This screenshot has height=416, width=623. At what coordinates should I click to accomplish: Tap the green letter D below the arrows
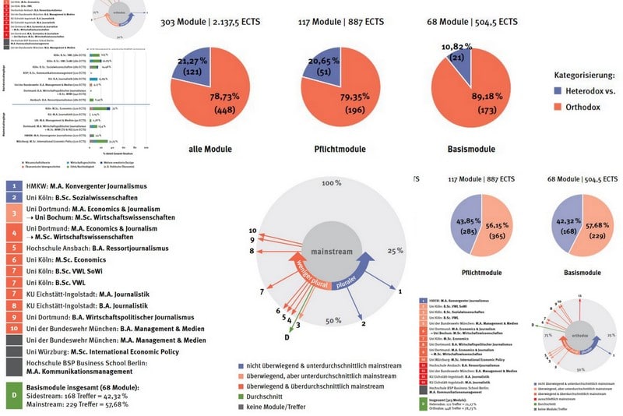coord(287,337)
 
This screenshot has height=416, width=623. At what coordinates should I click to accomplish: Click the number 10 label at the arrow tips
coord(252,231)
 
